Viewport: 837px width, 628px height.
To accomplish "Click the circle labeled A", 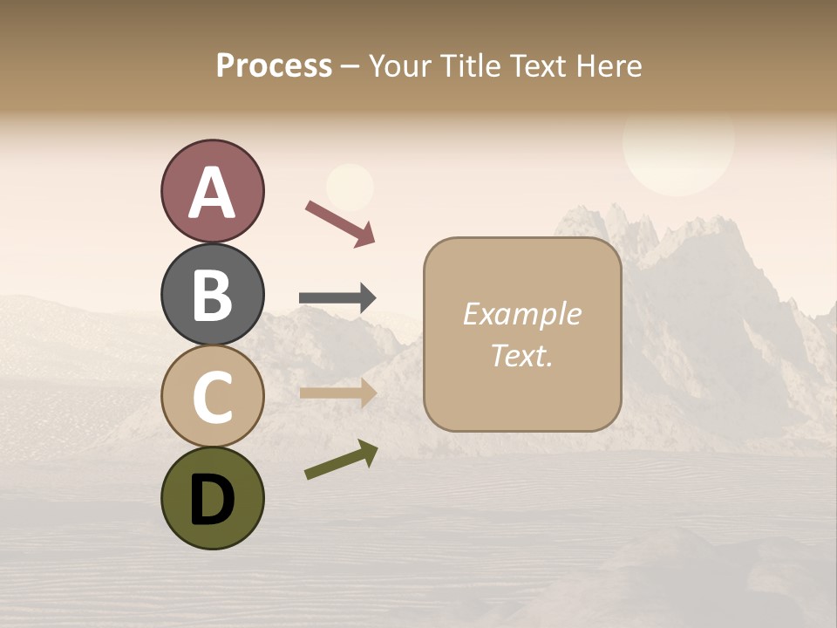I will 212,191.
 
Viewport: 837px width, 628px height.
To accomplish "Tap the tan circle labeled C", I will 212,395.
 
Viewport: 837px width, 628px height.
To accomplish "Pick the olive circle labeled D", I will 212,498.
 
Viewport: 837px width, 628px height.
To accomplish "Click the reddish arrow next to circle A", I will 340,222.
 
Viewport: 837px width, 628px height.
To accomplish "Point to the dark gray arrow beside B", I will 337,298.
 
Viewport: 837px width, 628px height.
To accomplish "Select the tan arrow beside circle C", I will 337,393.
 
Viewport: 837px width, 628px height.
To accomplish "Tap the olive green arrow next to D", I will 341,460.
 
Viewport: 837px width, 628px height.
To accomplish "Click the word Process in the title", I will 274,66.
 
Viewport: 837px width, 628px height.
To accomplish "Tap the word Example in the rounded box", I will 521,314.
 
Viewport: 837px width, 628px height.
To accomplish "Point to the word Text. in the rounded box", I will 521,355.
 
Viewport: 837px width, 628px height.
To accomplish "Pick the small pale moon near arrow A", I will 350,186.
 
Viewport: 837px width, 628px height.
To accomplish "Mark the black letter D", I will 212,499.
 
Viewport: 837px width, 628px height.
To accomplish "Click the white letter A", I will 212,193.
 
